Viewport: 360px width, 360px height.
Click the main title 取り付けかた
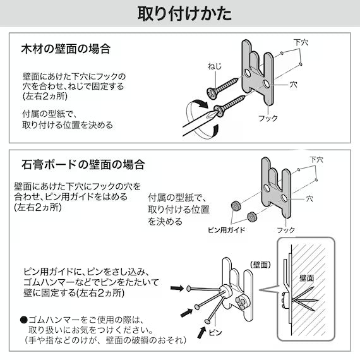point(179,13)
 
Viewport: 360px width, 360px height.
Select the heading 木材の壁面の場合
point(69,49)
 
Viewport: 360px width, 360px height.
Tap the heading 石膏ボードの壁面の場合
point(83,165)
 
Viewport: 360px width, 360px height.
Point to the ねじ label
point(215,66)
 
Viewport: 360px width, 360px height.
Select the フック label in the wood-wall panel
point(268,118)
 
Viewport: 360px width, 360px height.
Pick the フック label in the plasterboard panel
point(286,230)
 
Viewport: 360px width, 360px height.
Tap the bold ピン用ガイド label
point(226,230)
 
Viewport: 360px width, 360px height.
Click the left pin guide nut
point(234,206)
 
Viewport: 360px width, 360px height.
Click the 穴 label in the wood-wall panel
point(293,83)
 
